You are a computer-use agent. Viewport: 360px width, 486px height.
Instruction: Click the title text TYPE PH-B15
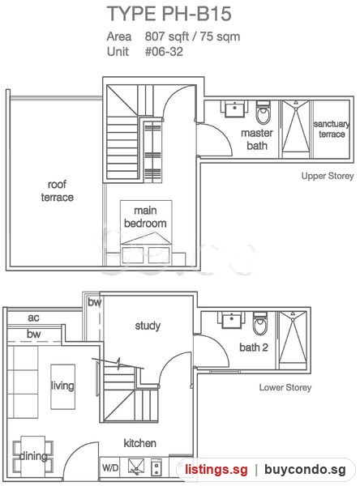point(169,14)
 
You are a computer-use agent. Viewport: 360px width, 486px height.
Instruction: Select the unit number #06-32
point(164,52)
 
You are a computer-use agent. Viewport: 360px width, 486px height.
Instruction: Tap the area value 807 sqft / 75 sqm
point(192,36)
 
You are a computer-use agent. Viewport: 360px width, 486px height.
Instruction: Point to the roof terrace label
point(57,190)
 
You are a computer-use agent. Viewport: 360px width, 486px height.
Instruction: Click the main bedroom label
point(145,216)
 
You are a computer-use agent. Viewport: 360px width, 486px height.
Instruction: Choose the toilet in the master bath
point(264,112)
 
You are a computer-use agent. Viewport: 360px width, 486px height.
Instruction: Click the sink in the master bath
point(234,109)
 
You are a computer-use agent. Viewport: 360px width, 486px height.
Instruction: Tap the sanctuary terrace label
point(332,129)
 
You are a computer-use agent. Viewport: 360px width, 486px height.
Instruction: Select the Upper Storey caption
point(328,176)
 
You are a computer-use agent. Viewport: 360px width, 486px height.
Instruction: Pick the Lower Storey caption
point(285,387)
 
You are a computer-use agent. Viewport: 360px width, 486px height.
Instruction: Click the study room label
point(148,326)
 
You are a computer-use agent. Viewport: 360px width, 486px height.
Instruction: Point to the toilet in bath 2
point(260,323)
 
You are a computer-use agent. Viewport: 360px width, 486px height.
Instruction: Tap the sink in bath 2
point(231,320)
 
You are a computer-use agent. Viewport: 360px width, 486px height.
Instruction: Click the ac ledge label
point(33,318)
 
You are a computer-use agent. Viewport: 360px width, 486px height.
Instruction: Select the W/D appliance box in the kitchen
point(110,467)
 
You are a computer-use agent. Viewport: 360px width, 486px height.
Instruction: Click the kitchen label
point(140,443)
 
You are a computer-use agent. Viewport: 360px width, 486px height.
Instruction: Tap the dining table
point(33,456)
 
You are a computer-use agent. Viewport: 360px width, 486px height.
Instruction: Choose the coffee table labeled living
point(62,386)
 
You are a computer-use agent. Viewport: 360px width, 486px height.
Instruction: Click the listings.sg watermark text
point(216,470)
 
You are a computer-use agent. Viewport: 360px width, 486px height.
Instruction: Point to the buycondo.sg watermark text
point(305,470)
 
